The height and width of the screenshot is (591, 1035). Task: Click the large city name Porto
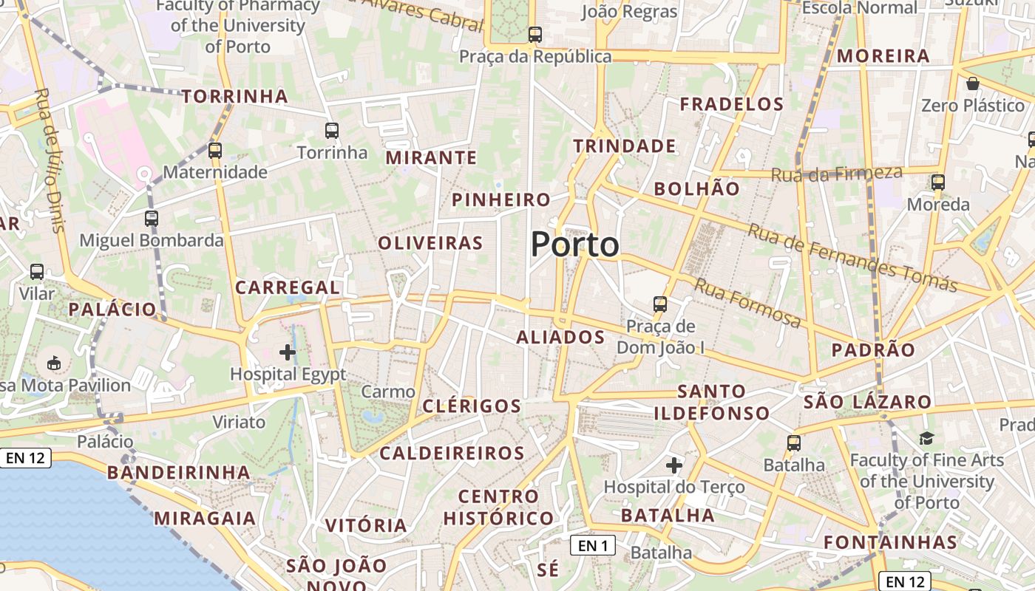(574, 245)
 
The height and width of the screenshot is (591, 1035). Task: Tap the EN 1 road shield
(593, 545)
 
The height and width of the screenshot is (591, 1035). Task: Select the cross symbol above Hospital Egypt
(288, 352)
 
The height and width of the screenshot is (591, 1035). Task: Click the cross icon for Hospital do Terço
(673, 465)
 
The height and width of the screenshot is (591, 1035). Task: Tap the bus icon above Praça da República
(535, 34)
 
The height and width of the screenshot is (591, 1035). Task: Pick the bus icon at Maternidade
(215, 151)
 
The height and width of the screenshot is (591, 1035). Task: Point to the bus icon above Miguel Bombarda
(152, 218)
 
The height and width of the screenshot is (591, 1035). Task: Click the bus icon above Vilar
(37, 271)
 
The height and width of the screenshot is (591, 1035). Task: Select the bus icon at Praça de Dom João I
(660, 304)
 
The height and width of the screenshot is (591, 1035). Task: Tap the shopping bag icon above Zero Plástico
(973, 83)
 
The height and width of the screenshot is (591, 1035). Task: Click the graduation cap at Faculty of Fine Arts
(926, 439)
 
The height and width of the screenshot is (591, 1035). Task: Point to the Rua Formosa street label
(747, 303)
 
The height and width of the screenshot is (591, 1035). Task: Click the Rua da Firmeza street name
(836, 174)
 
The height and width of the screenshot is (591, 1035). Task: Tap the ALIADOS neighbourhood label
(560, 338)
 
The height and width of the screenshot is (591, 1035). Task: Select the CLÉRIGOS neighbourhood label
(472, 406)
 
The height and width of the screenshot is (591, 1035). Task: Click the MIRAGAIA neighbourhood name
(205, 518)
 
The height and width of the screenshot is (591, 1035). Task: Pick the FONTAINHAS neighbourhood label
(890, 542)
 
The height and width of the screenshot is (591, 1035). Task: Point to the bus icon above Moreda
(938, 182)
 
